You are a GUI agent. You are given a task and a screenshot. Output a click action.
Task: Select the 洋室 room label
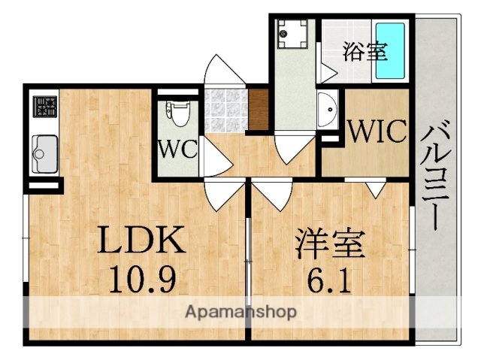pos(329,245)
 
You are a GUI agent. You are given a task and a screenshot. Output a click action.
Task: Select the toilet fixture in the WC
pos(177,116)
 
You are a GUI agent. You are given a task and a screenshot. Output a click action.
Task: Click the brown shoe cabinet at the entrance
pos(258,110)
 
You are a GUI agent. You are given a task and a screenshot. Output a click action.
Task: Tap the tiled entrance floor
pos(226,110)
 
